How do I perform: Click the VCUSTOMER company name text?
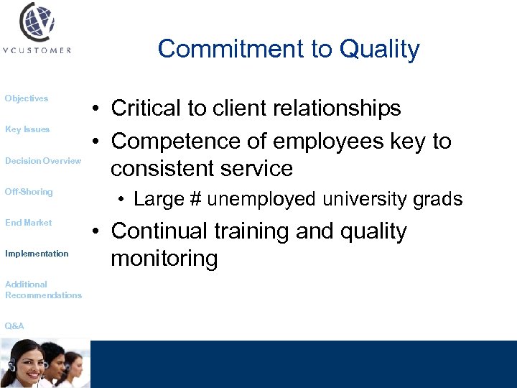click(38, 50)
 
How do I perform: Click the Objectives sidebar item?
click(27, 98)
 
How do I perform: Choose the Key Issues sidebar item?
click(27, 129)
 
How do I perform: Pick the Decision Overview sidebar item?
click(43, 161)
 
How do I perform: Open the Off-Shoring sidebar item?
click(29, 192)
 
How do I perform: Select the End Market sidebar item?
click(29, 223)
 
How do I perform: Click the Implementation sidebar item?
click(37, 254)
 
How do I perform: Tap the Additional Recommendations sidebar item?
click(43, 290)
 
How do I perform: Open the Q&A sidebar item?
click(14, 326)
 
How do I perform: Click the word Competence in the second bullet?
click(169, 142)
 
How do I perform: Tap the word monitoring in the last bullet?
click(164, 259)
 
